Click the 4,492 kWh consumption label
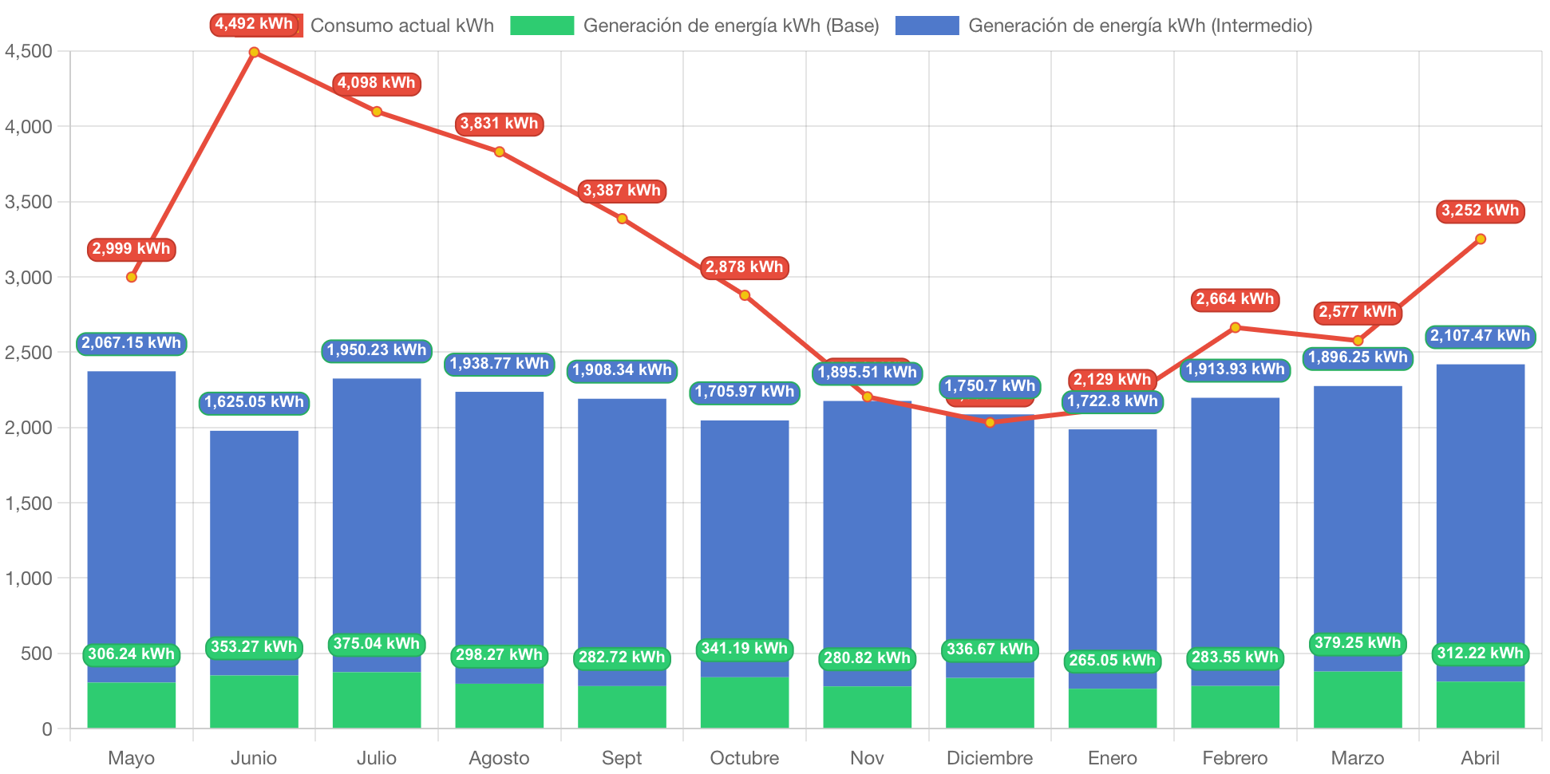254,24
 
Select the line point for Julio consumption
377,112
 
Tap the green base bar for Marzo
1358,699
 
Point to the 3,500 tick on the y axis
29,202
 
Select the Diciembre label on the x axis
990,757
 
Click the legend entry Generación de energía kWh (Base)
730,26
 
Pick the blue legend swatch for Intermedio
926,26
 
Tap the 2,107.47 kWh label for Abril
1480,336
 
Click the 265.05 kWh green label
1112,661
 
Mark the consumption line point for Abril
1481,239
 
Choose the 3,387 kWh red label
622,191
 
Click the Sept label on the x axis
622,757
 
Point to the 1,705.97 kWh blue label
745,392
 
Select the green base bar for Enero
1113,708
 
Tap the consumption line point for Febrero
1235,327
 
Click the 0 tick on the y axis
46,729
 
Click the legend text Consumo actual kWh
401,26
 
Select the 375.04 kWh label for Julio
377,644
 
